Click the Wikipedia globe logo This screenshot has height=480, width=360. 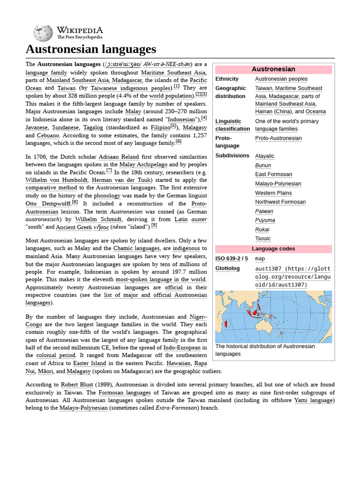pos(43,33)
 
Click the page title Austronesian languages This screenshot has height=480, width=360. pos(90,49)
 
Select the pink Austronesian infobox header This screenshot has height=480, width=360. pos(273,69)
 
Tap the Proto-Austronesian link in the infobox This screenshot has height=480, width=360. pos(278,138)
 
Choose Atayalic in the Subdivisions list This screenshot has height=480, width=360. pos(264,156)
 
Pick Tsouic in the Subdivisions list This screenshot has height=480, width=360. pos(262,239)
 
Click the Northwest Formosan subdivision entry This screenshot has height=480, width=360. pos(280,202)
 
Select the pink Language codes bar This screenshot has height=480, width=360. pos(273,249)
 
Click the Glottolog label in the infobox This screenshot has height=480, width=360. pos(227,269)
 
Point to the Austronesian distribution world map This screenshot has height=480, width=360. pos(273,316)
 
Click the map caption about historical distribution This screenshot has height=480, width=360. pos(265,350)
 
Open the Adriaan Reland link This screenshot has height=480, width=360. pos(119,157)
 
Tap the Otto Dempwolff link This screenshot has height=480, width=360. pos(48,204)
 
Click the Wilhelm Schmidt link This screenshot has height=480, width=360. pos(99,219)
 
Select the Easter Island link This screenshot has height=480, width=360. pos(87,363)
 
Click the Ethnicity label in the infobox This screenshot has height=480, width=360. pos(227,79)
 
